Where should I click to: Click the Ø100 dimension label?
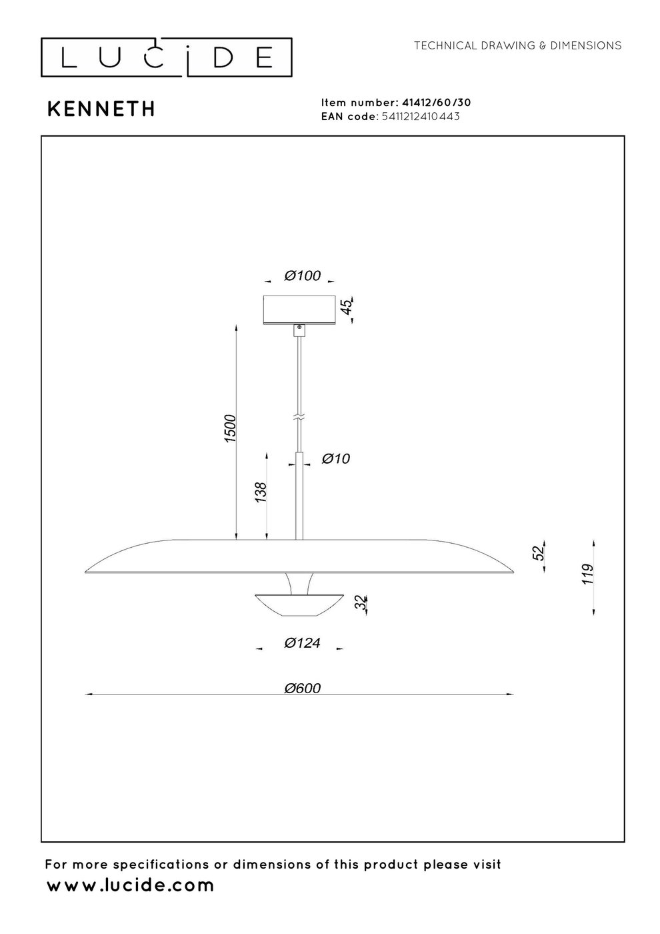[x=303, y=276]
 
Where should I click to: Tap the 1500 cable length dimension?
[x=230, y=428]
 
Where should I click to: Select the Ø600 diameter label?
[x=303, y=688]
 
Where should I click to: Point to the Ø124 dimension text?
[x=303, y=642]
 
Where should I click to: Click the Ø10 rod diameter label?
[x=336, y=459]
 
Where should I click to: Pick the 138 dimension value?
[x=261, y=492]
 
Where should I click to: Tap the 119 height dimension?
[x=587, y=574]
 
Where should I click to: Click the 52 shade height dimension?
[x=539, y=552]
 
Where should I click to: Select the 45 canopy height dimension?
[x=347, y=307]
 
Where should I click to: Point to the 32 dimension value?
[x=361, y=602]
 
